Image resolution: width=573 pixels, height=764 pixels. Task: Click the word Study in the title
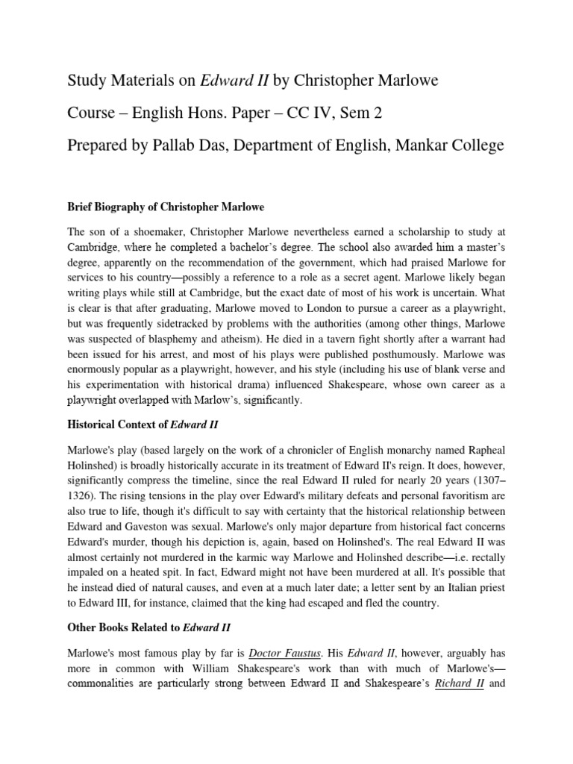point(87,80)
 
